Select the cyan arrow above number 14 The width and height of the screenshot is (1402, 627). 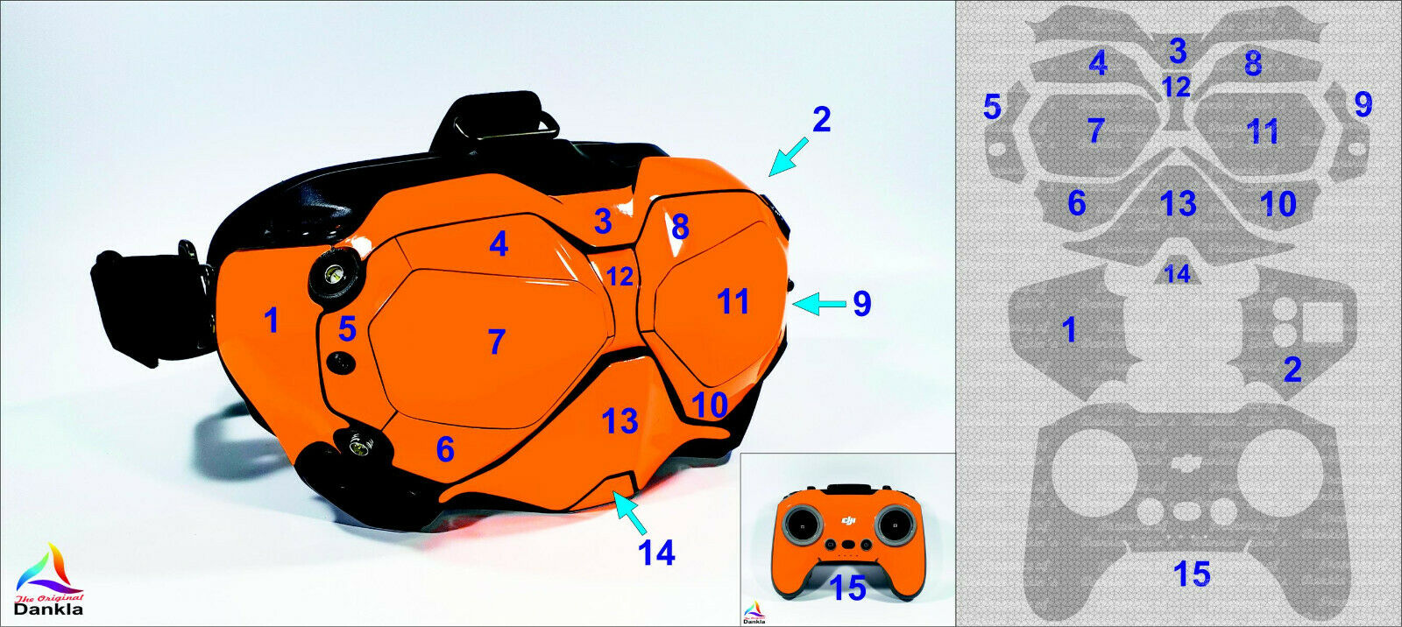[632, 514]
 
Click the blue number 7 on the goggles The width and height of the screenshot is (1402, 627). [497, 342]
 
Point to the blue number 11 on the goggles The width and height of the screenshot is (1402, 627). [733, 302]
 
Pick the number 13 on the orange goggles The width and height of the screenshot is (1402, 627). [620, 421]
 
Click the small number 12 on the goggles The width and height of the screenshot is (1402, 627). [620, 277]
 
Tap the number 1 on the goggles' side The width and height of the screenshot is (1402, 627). [272, 321]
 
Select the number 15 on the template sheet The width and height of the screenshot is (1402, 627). [1192, 574]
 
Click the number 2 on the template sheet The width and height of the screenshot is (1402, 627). [1292, 370]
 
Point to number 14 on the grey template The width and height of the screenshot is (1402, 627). [1177, 274]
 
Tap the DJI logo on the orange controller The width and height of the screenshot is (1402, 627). [847, 522]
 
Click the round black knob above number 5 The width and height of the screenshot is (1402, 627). [333, 274]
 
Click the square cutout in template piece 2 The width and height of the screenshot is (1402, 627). [1322, 321]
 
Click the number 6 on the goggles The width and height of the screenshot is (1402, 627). [445, 449]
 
